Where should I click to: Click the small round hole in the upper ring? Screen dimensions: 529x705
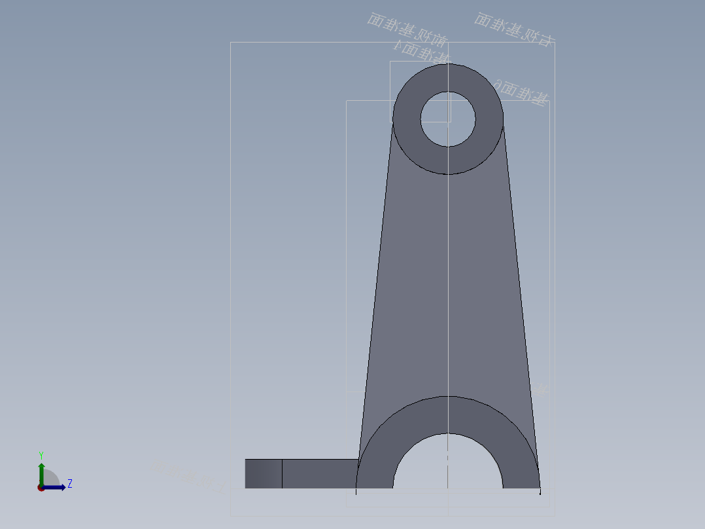(x=448, y=119)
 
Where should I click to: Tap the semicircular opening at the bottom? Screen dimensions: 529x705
(x=448, y=465)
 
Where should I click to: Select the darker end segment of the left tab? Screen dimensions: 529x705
(x=264, y=473)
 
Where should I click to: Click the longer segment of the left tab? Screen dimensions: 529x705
(x=319, y=473)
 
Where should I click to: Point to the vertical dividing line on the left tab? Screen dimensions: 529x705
(x=282, y=473)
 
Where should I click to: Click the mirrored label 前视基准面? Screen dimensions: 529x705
(x=407, y=30)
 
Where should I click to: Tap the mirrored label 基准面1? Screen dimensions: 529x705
(x=422, y=51)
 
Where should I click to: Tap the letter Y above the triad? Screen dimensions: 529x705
(x=41, y=455)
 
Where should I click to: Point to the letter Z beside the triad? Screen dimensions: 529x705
(x=69, y=484)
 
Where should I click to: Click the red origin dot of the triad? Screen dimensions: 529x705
(x=41, y=488)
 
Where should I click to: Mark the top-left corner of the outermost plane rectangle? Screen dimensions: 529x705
(x=231, y=43)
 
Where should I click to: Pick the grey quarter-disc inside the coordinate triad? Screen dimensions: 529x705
(x=50, y=479)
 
